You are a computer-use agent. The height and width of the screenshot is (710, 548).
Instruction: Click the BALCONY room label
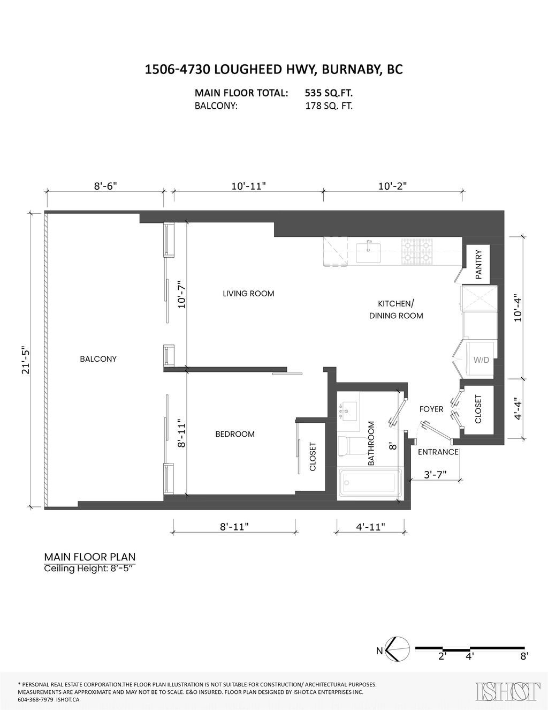(98, 358)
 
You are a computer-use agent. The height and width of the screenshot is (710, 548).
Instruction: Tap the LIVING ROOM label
(248, 293)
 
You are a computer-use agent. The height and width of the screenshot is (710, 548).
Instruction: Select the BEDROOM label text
(234, 434)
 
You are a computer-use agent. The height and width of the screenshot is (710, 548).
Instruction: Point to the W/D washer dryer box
(480, 360)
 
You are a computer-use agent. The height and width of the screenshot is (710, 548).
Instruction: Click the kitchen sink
(369, 251)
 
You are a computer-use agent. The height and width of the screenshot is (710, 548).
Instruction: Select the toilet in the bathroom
(348, 445)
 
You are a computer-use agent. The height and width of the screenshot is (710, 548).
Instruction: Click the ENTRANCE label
(438, 452)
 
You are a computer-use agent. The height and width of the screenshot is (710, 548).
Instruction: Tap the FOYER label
(431, 409)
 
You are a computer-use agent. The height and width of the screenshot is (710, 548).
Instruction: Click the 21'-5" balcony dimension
(23, 360)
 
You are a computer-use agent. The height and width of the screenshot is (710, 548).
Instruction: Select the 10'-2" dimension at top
(392, 186)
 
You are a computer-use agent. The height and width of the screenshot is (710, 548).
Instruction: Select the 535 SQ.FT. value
(329, 92)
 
